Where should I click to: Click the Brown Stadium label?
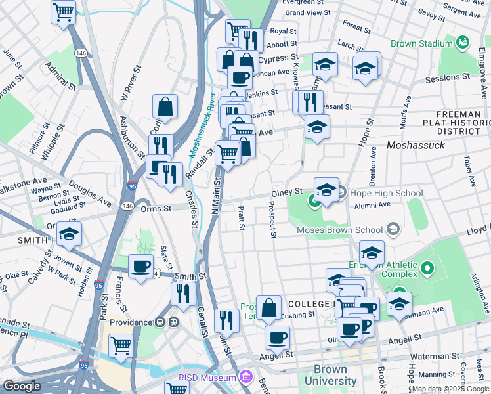pyautogui.click(x=421, y=44)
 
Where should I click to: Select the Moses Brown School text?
pyautogui.click(x=339, y=230)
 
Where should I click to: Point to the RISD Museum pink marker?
pyautogui.click(x=245, y=378)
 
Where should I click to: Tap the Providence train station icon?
pyautogui.click(x=166, y=322)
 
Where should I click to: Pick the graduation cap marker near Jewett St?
pyautogui.click(x=68, y=234)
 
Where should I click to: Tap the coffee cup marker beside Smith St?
pyautogui.click(x=140, y=267)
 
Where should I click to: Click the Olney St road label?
pyautogui.click(x=288, y=193)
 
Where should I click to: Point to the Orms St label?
pyautogui.click(x=156, y=208)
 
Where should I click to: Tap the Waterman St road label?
pyautogui.click(x=431, y=357)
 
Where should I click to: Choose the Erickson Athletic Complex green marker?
pyautogui.click(x=428, y=269)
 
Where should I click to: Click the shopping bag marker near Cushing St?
pyautogui.click(x=268, y=307)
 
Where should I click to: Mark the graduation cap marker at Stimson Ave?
pyautogui.click(x=399, y=303)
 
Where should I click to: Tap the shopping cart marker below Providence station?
pyautogui.click(x=121, y=344)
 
